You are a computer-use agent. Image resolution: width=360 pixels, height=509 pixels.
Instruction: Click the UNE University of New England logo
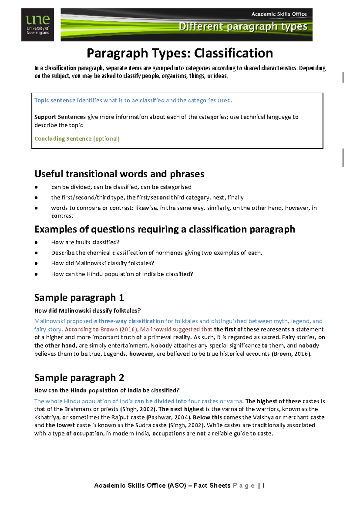[x=37, y=25]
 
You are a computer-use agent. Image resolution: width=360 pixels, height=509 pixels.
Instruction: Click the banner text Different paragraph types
[x=243, y=26]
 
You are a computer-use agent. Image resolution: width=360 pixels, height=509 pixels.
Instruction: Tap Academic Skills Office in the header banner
[x=279, y=14]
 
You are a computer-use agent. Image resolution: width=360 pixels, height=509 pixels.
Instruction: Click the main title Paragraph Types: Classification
[x=180, y=53]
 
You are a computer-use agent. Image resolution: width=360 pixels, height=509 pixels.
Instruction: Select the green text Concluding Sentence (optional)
[x=77, y=139]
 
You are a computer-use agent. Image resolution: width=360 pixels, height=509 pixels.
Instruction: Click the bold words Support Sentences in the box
[x=60, y=117]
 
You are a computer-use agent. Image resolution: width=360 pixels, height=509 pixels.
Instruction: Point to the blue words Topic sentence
[x=55, y=100]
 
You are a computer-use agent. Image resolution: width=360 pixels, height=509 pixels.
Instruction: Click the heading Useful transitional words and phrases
[x=119, y=174]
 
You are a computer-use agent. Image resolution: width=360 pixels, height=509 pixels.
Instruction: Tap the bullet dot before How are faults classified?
[x=36, y=242]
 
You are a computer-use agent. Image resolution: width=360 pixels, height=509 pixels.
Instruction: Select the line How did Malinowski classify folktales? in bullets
[x=103, y=263]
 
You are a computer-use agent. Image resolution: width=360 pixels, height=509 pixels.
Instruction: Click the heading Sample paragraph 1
[x=79, y=297]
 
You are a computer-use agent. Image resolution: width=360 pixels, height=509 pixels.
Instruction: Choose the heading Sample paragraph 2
[x=79, y=378]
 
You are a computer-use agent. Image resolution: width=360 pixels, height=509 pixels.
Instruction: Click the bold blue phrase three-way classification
[x=131, y=321]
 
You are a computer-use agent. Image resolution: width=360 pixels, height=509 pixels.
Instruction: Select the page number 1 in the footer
[x=263, y=486]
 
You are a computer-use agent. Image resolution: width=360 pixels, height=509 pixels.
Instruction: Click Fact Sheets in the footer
[x=212, y=486]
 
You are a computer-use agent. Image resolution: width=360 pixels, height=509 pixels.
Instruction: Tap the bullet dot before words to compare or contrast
[x=36, y=208]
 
